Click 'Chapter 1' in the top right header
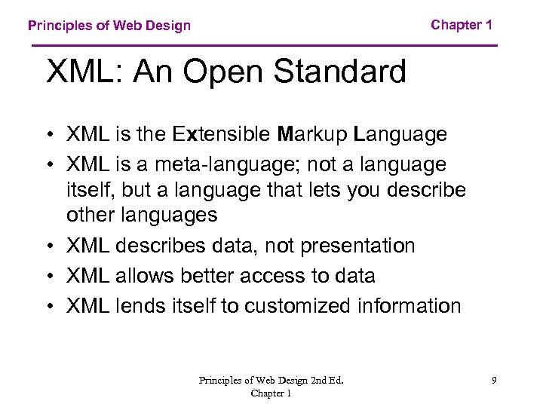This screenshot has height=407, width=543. click(x=462, y=25)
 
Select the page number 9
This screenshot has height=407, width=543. click(x=494, y=381)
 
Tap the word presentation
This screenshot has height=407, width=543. click(x=358, y=246)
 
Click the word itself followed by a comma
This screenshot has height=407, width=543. click(x=89, y=189)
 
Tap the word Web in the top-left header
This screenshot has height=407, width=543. click(x=124, y=26)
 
